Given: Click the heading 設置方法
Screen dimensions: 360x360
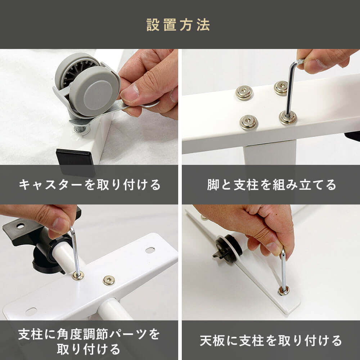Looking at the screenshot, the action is click(178, 25).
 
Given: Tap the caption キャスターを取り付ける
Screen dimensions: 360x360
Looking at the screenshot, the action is click(90, 185).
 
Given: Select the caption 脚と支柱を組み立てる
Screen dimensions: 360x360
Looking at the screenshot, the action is click(271, 185).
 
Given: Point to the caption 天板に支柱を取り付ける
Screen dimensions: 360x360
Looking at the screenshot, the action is click(271, 341).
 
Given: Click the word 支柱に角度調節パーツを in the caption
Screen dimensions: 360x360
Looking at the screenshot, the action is click(89, 334).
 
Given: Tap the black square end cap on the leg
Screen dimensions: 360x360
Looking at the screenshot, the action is click(76, 162).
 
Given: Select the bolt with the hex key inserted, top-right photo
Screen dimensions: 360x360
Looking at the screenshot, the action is click(287, 117).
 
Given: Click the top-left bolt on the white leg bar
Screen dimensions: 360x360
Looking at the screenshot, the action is click(244, 93).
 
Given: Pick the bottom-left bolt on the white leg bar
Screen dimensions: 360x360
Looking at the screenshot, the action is click(248, 122).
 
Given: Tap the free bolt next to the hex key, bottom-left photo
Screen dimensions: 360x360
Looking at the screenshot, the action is click(109, 280).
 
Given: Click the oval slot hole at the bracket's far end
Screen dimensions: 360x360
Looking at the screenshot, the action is click(150, 250).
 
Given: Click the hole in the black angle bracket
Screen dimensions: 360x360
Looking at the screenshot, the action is click(20, 226).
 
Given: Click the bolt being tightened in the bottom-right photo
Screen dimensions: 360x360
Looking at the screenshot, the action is click(283, 291).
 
